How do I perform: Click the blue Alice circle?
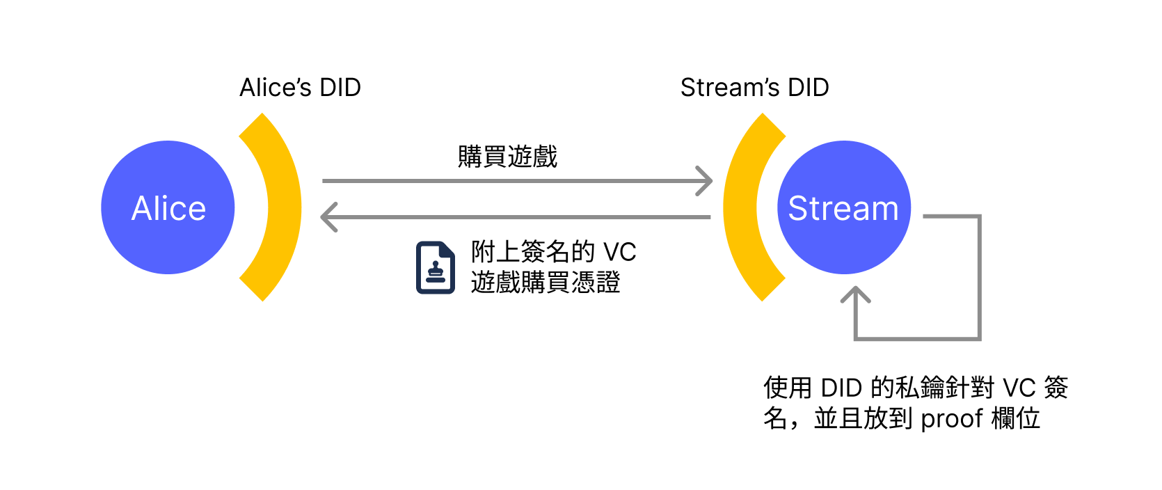point(168,207)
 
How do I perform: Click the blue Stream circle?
point(843,207)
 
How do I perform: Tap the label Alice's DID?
point(300,88)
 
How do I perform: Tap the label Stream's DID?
point(754,88)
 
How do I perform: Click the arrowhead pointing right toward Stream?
point(706,181)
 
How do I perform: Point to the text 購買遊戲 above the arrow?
point(507,157)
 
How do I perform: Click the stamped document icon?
point(435,268)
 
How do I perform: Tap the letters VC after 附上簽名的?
point(619,252)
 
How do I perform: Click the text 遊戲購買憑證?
point(545,283)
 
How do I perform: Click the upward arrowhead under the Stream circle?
point(856,295)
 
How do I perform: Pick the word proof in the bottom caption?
point(951,419)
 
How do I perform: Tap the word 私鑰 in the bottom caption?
point(918,388)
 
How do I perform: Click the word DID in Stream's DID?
point(808,88)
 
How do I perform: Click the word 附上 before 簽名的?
point(495,252)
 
